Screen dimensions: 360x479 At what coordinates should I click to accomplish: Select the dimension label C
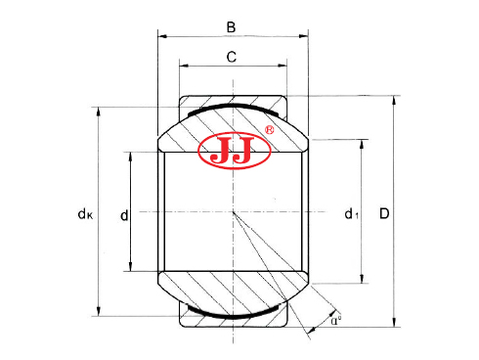coord(232,57)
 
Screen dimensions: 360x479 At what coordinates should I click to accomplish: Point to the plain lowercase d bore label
coord(122,212)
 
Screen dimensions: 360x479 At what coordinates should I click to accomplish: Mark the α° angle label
coord(335,319)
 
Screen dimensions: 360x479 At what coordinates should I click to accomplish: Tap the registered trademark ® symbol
coord(270,129)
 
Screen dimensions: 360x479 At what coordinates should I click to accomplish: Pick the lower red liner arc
coord(233,315)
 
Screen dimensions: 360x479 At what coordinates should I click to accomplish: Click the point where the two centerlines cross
coord(234,211)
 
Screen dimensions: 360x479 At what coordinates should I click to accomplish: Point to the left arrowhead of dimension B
coord(162,36)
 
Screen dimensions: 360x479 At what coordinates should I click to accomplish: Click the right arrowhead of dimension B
coord(305,36)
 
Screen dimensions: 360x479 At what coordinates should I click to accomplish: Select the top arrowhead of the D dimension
coord(395,99)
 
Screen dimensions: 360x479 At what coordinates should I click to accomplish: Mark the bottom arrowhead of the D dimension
coord(395,324)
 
